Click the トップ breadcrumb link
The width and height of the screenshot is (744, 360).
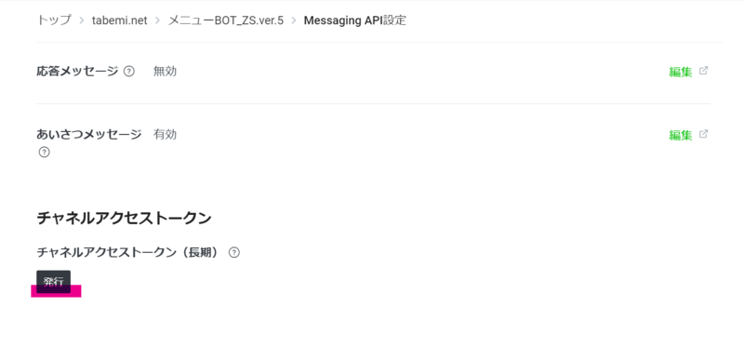pos(53,20)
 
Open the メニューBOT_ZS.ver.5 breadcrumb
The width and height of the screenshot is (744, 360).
pos(225,20)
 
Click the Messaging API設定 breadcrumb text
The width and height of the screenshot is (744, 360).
pos(354,20)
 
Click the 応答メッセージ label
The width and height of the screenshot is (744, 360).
pos(77,71)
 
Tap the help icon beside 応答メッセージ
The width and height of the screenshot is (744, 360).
pos(129,71)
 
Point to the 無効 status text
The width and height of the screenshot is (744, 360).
pos(165,71)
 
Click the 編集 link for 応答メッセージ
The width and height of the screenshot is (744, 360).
pos(680,72)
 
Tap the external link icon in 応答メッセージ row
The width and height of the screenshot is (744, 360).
pos(703,71)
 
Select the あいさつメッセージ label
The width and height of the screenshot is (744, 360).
pos(88,134)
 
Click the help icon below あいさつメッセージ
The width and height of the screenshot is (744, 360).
pos(44,152)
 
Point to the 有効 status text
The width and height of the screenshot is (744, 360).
pos(165,134)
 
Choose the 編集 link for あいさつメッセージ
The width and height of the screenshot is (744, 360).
pos(680,135)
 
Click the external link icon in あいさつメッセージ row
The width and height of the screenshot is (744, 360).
pos(703,134)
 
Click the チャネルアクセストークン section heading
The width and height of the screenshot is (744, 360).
pos(124,218)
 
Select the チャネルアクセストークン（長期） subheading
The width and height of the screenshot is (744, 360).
pos(128,252)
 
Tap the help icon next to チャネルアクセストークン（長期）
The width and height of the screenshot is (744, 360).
pos(234,252)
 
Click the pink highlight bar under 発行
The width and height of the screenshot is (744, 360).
pos(57,291)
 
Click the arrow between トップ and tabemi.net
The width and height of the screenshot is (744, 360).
pos(82,20)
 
